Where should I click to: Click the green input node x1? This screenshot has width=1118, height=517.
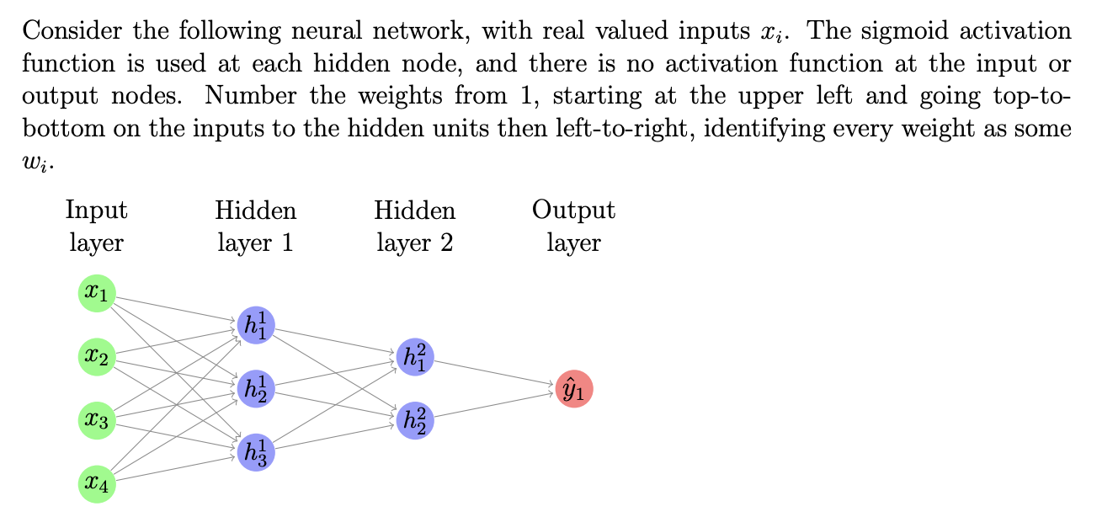(x=97, y=294)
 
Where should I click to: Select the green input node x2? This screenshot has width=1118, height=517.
(x=97, y=358)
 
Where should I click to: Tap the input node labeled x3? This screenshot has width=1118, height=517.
(x=97, y=421)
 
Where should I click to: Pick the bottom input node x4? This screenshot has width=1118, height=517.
(x=97, y=484)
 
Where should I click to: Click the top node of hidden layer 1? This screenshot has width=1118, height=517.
(x=256, y=325)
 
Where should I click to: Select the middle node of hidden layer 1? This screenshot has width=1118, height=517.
(x=256, y=388)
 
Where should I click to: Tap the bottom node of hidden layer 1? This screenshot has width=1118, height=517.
(x=256, y=452)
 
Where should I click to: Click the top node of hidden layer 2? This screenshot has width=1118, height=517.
(x=415, y=357)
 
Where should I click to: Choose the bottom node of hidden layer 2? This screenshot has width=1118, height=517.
(x=415, y=420)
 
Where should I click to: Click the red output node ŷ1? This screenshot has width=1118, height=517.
(x=574, y=389)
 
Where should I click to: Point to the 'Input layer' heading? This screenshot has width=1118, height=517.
(x=97, y=227)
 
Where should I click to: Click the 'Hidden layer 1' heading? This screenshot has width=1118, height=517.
(x=256, y=227)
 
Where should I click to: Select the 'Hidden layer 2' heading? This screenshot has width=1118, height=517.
(x=415, y=227)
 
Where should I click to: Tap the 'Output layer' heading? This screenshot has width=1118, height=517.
(x=574, y=227)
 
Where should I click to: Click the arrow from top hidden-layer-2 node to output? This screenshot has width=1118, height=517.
(x=494, y=373)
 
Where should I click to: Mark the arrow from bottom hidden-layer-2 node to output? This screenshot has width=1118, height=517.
(x=494, y=405)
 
